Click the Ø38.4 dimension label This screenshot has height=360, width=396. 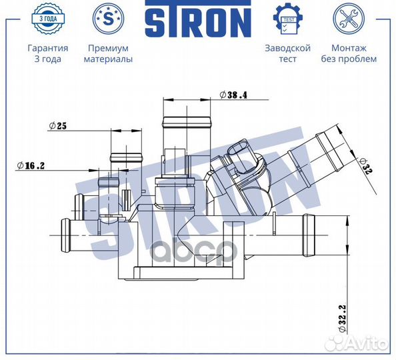233,95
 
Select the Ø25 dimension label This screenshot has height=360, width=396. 58,125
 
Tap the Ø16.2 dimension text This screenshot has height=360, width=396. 31,166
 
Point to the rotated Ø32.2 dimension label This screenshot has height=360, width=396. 342,318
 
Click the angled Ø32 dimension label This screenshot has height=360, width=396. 366,167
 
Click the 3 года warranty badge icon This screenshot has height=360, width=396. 48,19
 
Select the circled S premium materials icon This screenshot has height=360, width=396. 109,19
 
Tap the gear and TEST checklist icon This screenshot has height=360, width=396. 288,19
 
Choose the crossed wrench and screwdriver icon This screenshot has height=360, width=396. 349,19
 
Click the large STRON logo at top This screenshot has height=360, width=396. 198,19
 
